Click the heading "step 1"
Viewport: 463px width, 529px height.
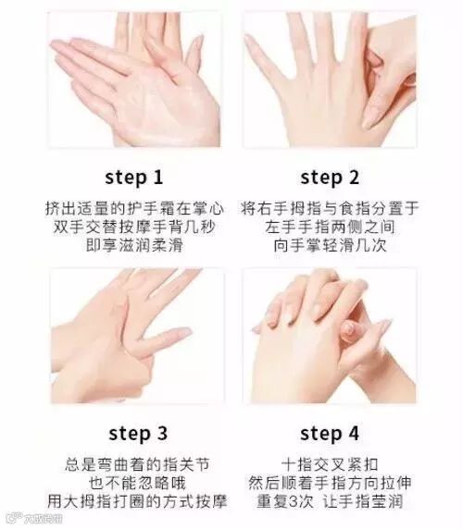(133, 178)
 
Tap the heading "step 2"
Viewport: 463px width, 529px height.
(330, 178)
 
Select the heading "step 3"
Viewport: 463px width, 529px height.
(138, 434)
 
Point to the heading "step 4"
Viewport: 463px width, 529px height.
(330, 434)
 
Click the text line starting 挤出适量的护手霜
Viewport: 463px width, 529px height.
(134, 208)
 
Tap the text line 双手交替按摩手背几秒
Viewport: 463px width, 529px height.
(134, 227)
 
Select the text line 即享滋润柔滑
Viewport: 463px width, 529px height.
(134, 245)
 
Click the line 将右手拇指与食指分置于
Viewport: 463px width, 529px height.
(330, 208)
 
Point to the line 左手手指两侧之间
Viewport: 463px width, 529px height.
(330, 227)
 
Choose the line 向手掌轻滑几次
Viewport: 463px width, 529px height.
(330, 245)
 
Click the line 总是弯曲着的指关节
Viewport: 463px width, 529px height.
(137, 464)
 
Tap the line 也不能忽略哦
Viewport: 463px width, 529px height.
(137, 483)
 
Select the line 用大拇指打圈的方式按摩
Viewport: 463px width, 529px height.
(137, 501)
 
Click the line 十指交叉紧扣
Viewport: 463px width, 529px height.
(330, 464)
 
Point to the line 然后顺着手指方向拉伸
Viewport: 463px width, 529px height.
(330, 483)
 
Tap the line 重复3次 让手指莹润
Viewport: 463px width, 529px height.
(330, 501)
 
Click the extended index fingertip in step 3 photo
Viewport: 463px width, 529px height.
(184, 331)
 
